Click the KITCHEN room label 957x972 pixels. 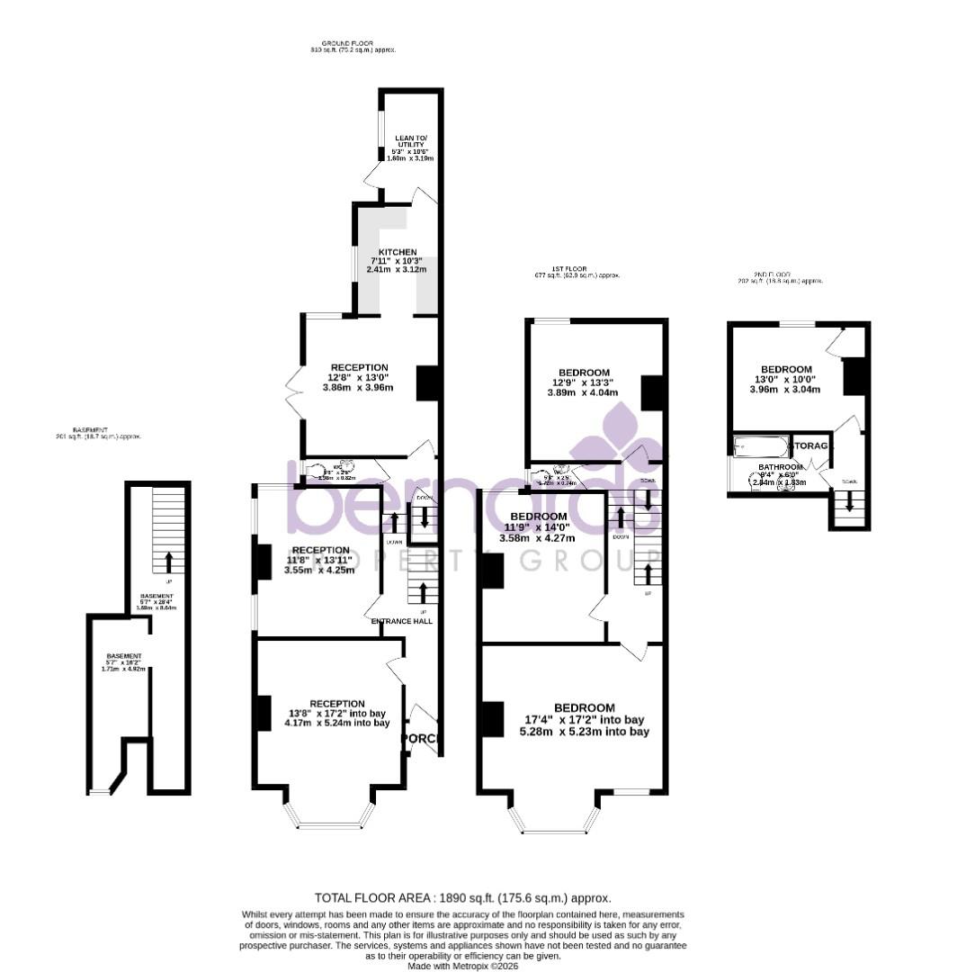pos(397,252)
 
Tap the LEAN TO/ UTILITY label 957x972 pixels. pos(410,144)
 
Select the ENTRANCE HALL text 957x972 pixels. pos(402,621)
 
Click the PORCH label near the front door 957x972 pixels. pos(421,739)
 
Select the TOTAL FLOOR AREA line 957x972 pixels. pos(463,898)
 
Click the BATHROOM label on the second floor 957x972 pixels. pos(779,467)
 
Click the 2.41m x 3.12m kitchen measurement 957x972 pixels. pos(397,269)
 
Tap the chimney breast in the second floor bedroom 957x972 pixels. pos(854,376)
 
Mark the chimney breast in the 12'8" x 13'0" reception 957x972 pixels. pos(427,382)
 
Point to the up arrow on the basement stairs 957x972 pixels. pos(168,562)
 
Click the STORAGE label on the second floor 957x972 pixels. pos(814,445)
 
